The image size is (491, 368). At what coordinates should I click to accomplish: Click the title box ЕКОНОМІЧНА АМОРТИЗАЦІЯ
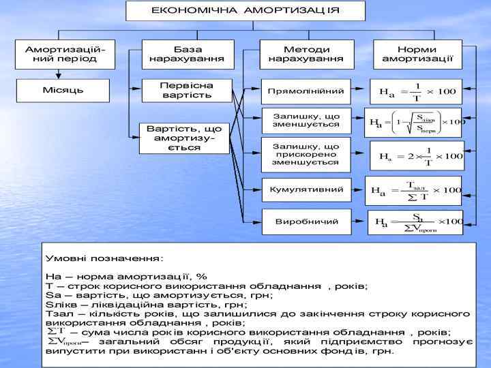[245, 11]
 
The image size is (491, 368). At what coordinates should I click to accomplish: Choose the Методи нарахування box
[306, 54]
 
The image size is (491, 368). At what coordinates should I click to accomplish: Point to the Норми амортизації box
[417, 54]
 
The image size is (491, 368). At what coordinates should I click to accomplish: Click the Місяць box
[63, 90]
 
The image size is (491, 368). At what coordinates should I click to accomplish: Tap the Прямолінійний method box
[306, 91]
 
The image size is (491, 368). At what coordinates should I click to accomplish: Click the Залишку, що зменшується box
[306, 120]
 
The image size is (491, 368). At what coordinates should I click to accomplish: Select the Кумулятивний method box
[306, 189]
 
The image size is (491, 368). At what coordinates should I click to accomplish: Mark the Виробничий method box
[306, 222]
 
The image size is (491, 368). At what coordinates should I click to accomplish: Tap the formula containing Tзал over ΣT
[415, 191]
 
